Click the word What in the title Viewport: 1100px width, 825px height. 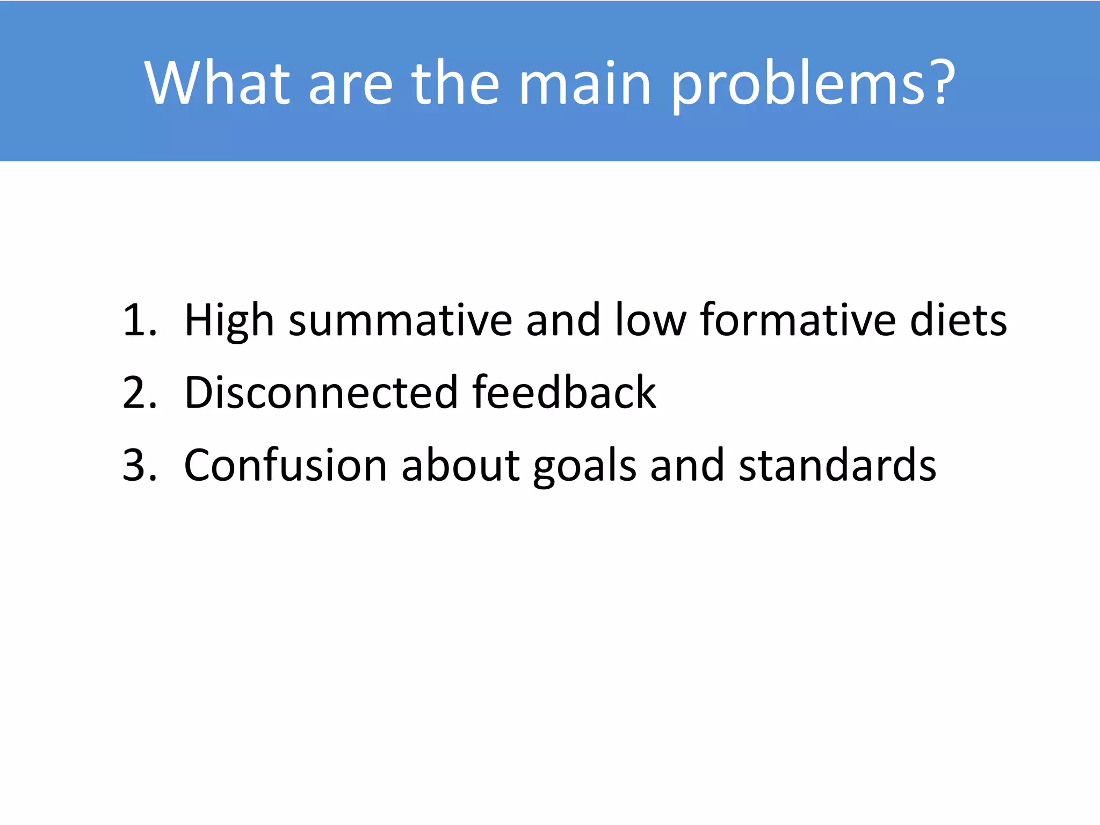tap(217, 83)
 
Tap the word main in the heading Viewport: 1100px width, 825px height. tap(585, 84)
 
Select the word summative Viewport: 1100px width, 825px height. tap(400, 321)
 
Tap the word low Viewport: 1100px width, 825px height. tap(650, 321)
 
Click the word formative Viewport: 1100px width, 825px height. tap(798, 321)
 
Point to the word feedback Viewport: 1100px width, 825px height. tap(564, 393)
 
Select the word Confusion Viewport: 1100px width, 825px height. tap(285, 465)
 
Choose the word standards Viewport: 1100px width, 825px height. tap(837, 465)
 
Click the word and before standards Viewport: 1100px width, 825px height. tap(687, 465)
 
